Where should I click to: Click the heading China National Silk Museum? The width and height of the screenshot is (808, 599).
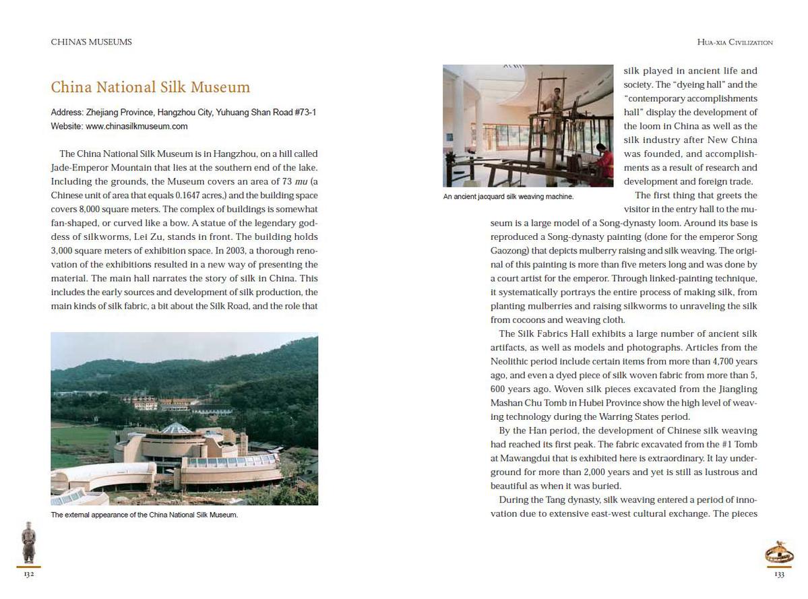[x=150, y=88]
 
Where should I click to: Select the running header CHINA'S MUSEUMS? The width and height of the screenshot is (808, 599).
[x=91, y=42]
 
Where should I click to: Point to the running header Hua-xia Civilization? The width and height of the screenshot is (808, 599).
[x=735, y=42]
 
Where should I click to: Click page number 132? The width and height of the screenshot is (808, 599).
[x=28, y=575]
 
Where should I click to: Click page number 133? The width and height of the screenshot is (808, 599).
[x=779, y=575]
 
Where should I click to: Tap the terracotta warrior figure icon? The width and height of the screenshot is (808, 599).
[x=28, y=542]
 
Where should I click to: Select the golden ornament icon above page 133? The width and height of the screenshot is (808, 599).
[x=779, y=553]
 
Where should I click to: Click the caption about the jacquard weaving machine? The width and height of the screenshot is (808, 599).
[x=508, y=197]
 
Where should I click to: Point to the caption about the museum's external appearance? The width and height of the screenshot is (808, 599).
[x=144, y=515]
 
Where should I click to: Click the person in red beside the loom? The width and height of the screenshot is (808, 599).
[x=604, y=162]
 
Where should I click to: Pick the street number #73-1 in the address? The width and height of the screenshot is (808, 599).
[x=303, y=113]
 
